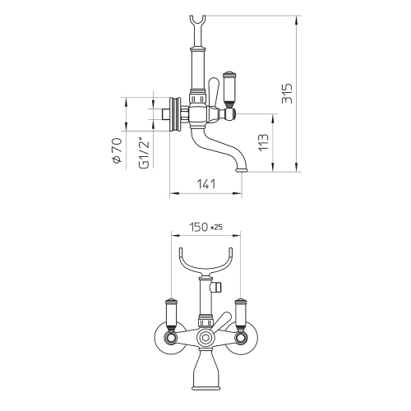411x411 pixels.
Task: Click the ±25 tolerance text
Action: point(217,227)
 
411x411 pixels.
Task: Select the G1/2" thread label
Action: point(143,151)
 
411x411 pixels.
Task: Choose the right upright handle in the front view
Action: point(242,312)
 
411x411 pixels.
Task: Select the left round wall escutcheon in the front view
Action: point(164,339)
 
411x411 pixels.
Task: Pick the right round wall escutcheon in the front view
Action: point(245,339)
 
